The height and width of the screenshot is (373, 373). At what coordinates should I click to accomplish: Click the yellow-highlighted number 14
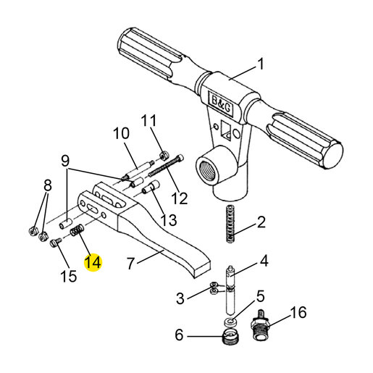pos(93,262)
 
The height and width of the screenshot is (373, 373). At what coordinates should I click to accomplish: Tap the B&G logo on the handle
pos(221,103)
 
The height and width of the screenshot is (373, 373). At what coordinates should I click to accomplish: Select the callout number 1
pos(261,64)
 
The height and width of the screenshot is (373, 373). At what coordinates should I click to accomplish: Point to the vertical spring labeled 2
pos(231,224)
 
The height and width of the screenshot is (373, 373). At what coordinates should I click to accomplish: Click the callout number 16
pos(298,312)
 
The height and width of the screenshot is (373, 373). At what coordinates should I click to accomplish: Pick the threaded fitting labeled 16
pos(260,324)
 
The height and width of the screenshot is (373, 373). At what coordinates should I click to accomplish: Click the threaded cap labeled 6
pos(230,337)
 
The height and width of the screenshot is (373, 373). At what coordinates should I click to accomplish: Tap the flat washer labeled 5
pos(230,322)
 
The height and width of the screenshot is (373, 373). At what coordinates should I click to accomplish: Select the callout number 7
pos(130,264)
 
